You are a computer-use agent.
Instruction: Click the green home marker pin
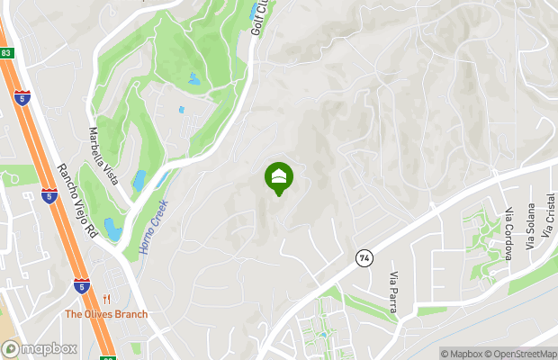(x=279, y=177)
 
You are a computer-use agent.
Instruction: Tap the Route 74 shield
(x=364, y=257)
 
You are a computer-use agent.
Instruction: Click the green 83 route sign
(x=5, y=53)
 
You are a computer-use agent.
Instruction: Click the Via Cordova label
(x=508, y=235)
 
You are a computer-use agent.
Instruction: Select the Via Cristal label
(x=550, y=216)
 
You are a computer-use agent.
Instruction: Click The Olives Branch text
(x=105, y=314)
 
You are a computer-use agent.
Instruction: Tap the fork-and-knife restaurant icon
(x=106, y=300)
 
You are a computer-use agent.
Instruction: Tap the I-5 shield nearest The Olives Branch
(x=82, y=285)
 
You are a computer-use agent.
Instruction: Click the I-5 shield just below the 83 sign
(x=22, y=97)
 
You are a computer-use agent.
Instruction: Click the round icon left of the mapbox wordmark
(x=11, y=348)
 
